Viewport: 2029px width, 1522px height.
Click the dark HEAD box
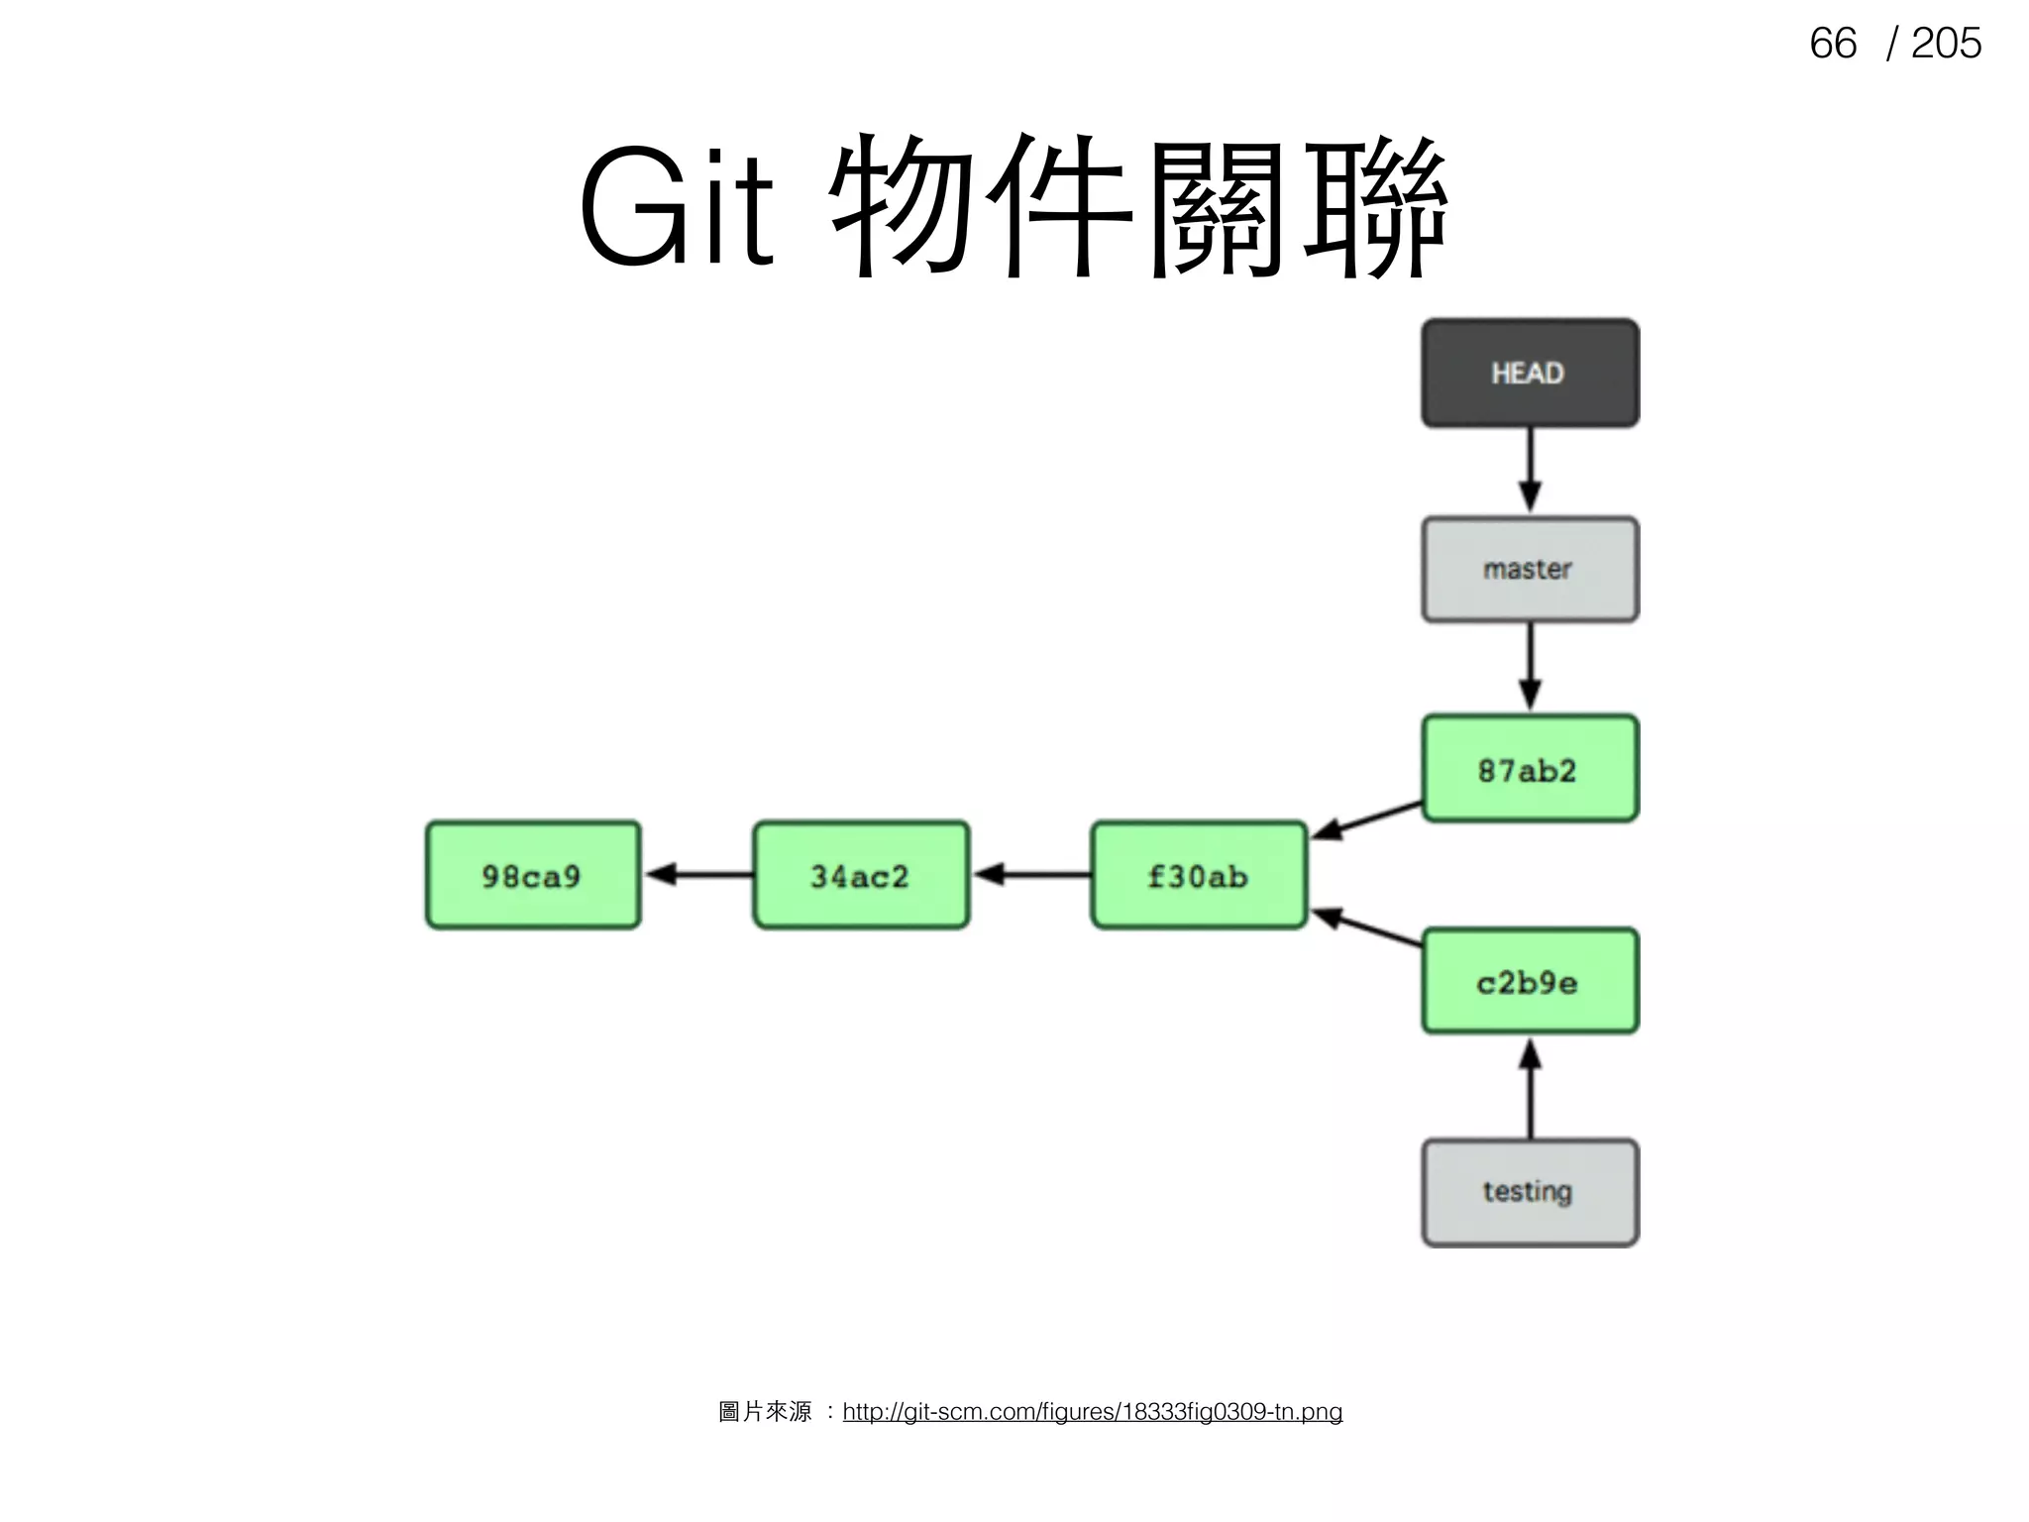(1530, 374)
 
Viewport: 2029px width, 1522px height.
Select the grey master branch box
(1530, 570)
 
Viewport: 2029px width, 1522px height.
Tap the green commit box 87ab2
(1530, 769)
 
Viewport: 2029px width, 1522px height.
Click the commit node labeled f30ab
(1199, 875)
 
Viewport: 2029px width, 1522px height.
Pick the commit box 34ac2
(860, 875)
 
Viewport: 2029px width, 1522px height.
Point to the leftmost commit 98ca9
(533, 875)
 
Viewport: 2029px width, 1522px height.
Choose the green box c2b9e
(1530, 981)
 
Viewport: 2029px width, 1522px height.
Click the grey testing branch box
(1530, 1192)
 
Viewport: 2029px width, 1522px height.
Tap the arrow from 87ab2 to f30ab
(1367, 820)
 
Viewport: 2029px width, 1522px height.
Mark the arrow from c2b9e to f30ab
(1367, 927)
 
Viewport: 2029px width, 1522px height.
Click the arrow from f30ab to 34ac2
(1032, 874)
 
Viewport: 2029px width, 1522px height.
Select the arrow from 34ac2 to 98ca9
(699, 874)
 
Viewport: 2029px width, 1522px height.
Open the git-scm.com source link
(1092, 1411)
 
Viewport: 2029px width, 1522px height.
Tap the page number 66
(1832, 44)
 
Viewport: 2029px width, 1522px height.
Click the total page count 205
(1945, 44)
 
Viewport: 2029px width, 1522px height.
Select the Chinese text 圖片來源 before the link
(764, 1411)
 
